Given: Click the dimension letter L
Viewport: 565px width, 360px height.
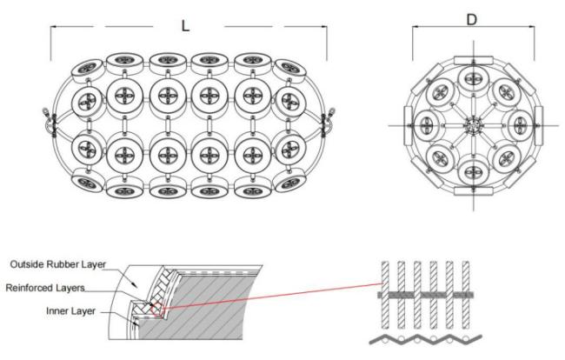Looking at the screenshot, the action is click(x=185, y=26).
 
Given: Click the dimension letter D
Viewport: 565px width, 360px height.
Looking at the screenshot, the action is click(x=472, y=20).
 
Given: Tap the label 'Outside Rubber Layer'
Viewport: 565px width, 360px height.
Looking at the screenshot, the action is click(x=58, y=264).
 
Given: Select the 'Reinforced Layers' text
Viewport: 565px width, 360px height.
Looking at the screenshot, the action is click(x=45, y=288).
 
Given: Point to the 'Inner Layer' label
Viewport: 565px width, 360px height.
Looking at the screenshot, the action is click(x=70, y=311).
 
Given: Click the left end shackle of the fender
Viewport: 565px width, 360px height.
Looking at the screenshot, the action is click(x=48, y=123).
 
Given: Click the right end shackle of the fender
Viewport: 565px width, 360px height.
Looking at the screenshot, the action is click(x=329, y=123).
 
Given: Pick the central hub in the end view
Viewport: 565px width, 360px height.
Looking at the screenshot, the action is click(x=473, y=126).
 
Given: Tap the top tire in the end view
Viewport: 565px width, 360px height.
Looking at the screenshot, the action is click(x=472, y=79).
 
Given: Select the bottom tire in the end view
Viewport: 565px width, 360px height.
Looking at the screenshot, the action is click(x=472, y=172).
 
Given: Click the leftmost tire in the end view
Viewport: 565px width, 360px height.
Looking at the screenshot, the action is click(x=426, y=125).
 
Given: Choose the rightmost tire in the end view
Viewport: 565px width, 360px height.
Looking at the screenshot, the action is click(x=520, y=125).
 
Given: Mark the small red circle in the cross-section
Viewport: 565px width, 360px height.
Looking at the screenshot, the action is click(x=156, y=309).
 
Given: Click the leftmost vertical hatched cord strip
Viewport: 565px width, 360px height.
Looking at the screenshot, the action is click(x=385, y=295).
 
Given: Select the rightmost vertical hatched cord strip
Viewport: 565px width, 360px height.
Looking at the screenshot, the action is click(x=466, y=295).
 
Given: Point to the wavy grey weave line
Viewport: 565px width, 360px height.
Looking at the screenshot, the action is click(x=426, y=340).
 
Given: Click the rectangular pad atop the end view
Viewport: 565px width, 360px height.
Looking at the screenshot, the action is click(x=473, y=60).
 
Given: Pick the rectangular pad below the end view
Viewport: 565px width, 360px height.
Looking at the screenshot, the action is click(x=473, y=191).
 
